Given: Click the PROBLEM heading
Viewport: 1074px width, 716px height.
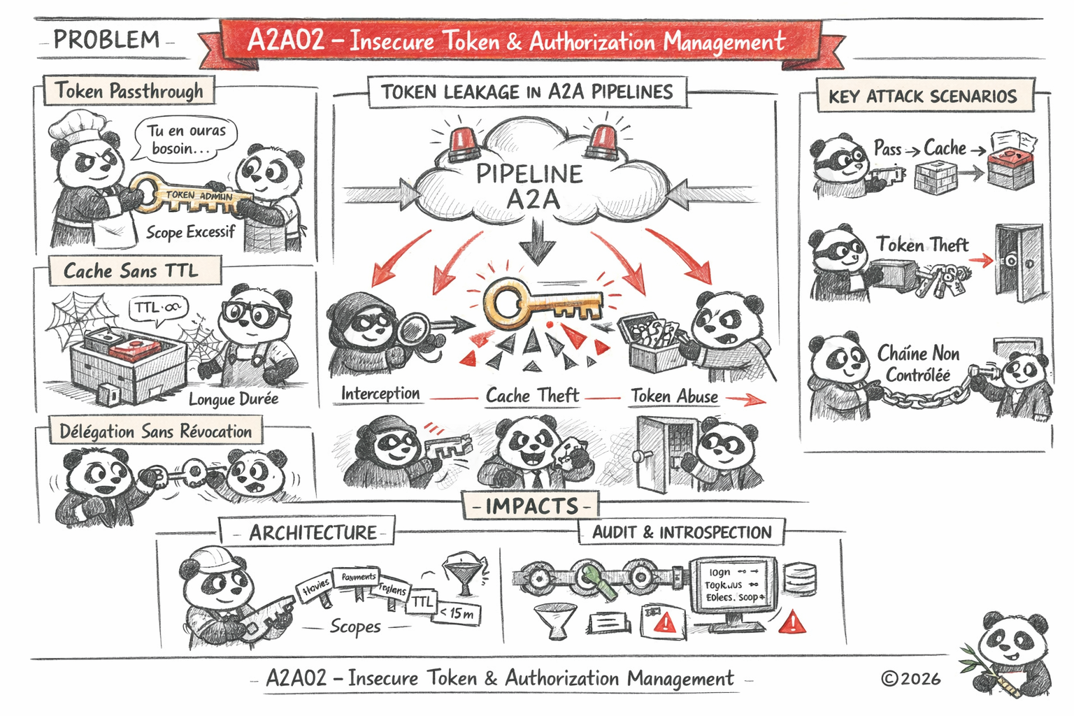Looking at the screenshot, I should pyautogui.click(x=106, y=40).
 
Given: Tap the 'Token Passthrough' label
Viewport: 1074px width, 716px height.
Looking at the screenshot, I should pyautogui.click(x=129, y=91).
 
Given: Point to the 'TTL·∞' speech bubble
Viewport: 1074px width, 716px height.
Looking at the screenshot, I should pyautogui.click(x=158, y=308).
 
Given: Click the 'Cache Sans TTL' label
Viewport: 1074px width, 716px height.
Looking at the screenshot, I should pyautogui.click(x=131, y=271).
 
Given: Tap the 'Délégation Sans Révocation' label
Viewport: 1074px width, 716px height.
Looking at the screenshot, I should pyautogui.click(x=155, y=431).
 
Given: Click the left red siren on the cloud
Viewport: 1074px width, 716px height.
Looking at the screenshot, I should pyautogui.click(x=464, y=143).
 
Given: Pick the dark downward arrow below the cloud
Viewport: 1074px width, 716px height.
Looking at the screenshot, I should pyautogui.click(x=537, y=241).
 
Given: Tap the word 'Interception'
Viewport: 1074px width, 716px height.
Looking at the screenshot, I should pyautogui.click(x=380, y=394).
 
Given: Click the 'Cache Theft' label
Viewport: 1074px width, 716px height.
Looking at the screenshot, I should pyautogui.click(x=532, y=396).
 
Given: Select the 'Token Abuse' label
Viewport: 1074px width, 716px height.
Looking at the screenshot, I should pyautogui.click(x=674, y=396).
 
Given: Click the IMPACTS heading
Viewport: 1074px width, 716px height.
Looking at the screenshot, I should pyautogui.click(x=531, y=506).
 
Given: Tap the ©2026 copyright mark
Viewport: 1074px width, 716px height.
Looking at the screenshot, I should pyautogui.click(x=910, y=678).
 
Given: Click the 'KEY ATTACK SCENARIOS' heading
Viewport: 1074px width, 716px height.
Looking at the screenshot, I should pyautogui.click(x=922, y=96).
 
